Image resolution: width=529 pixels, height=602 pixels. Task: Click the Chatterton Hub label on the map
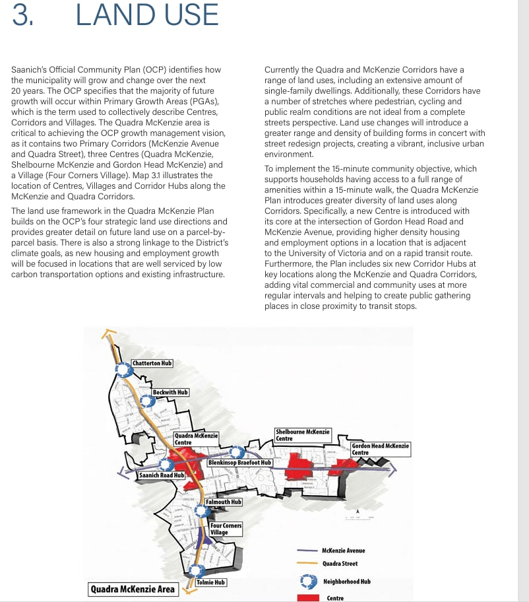(152, 363)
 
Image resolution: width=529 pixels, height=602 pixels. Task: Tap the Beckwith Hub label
(170, 392)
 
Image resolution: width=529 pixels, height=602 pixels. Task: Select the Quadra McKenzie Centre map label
(196, 439)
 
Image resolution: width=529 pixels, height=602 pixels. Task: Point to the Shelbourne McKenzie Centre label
(303, 436)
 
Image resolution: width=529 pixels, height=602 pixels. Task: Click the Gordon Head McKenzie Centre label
(380, 449)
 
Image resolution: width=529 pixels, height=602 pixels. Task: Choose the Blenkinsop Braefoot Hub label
(239, 463)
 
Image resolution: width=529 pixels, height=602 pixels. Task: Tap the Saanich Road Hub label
(161, 475)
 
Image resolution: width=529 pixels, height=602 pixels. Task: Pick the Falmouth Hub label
(224, 502)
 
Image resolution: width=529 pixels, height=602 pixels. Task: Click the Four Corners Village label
(226, 529)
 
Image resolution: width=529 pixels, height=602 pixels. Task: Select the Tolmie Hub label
(211, 582)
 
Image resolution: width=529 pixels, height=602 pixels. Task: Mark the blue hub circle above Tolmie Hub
(196, 571)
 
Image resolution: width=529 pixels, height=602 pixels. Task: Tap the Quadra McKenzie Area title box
(133, 589)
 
